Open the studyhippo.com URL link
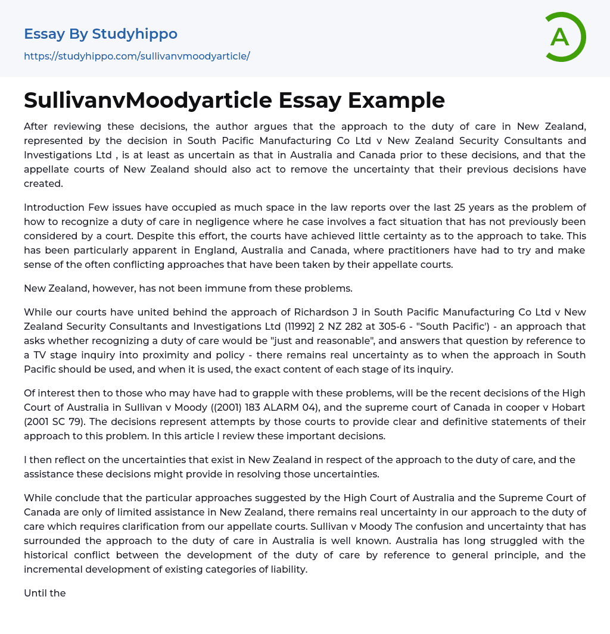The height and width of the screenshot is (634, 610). point(136,56)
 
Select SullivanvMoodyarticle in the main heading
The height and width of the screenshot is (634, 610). point(132,100)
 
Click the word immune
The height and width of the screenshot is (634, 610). point(238,288)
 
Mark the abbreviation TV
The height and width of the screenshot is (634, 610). point(42,355)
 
